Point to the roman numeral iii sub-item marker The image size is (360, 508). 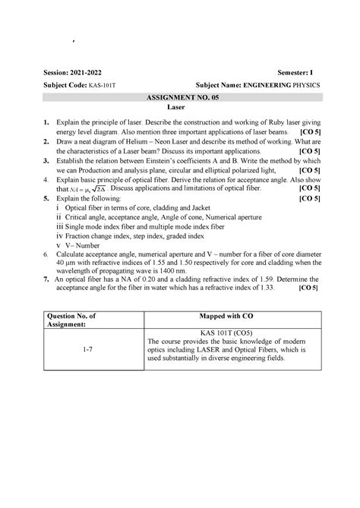tap(60, 226)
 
